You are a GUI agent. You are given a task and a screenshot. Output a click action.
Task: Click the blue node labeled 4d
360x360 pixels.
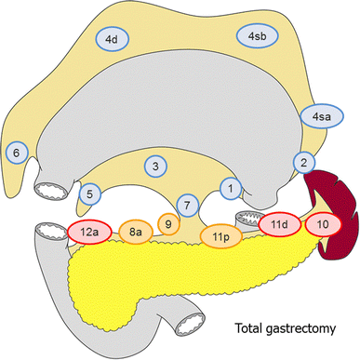[x=111, y=39]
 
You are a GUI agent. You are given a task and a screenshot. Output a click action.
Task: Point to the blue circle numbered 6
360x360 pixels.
[x=15, y=153]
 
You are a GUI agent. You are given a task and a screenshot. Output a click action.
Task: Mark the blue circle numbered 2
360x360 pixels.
[x=303, y=163]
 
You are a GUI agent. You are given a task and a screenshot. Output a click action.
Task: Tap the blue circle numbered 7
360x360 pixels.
[x=187, y=204]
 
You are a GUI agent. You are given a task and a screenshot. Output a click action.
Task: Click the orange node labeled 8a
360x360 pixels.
[x=136, y=232]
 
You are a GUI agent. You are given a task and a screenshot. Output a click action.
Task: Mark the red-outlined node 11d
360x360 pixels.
[x=278, y=226]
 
